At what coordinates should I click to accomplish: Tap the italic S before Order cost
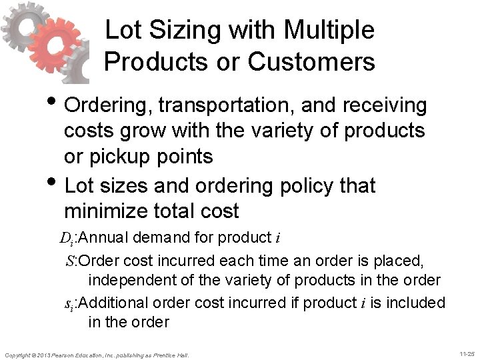71,259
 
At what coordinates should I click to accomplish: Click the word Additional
113,303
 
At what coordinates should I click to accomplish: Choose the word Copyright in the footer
19,355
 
